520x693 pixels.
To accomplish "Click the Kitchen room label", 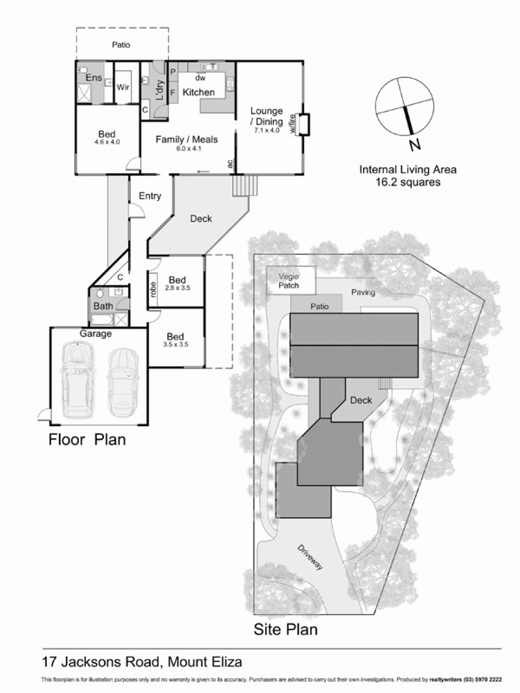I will [x=198, y=92].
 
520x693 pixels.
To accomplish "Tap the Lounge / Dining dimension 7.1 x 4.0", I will [x=267, y=131].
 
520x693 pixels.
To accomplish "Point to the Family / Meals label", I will [x=187, y=139].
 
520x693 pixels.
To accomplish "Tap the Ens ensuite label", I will [x=94, y=78].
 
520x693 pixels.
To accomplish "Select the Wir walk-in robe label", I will [x=123, y=87].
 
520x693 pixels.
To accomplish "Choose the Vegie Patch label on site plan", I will [x=289, y=281].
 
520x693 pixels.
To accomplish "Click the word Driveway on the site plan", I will [x=310, y=557].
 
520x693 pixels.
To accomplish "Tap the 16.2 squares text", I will [x=408, y=182].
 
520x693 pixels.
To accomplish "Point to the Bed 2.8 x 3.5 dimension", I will [x=177, y=288].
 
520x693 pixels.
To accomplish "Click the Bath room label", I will [x=103, y=306].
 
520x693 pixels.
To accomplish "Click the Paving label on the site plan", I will [x=363, y=292].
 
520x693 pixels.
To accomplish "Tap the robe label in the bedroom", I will [x=153, y=290].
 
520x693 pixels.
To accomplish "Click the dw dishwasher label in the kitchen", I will [x=200, y=78].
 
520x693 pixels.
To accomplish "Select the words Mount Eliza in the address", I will [x=205, y=662].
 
